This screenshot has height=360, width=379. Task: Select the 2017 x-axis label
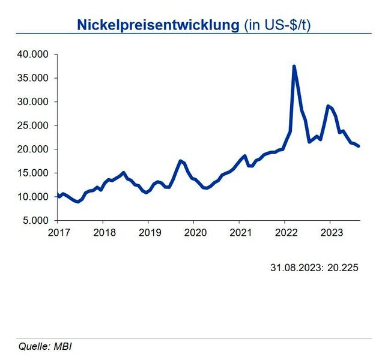click(x=58, y=232)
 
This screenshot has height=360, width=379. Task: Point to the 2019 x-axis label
click(x=149, y=232)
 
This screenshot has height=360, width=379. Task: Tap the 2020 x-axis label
click(x=195, y=232)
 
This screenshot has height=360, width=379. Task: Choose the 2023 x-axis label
click(x=330, y=232)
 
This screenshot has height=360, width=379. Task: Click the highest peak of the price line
click(x=294, y=66)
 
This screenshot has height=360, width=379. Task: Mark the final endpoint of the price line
click(x=359, y=146)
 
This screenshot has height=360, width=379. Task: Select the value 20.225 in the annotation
click(x=344, y=268)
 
